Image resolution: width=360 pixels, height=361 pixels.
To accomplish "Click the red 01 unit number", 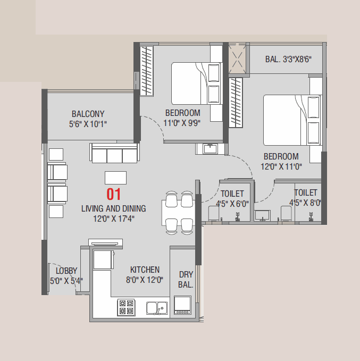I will coord(114,194).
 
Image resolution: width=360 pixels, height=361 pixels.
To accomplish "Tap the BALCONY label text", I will coord(88,114).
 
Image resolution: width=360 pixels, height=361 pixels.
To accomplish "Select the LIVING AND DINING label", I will coord(113,208).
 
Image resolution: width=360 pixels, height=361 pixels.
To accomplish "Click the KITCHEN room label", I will coord(145,270).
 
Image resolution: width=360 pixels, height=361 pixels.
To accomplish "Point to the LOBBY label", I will coord(66,271).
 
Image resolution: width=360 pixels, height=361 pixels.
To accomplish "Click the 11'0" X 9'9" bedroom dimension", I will coord(182,123).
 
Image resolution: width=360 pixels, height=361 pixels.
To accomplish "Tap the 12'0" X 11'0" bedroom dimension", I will coord(281,166).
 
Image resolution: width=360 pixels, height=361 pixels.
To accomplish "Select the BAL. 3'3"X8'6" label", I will coord(288,59).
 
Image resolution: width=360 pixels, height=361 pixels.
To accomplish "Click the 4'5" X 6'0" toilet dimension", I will coord(232,203).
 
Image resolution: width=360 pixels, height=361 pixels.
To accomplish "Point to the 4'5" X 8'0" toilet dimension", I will coord(305,203).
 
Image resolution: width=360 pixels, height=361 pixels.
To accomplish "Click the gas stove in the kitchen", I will coord(126,307).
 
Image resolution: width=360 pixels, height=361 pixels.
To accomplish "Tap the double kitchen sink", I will coord(157,307).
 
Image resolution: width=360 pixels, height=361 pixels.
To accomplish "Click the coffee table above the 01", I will coord(116,177).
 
